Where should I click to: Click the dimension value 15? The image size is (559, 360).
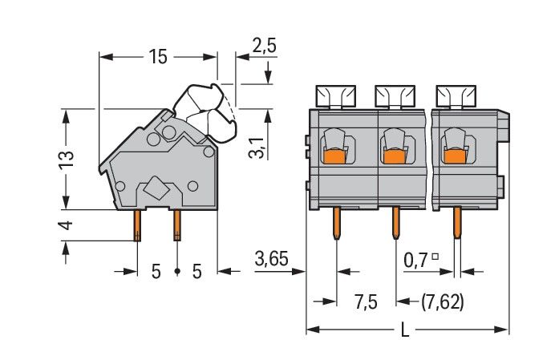pos(157,57)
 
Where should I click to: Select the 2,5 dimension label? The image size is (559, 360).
pos(264,46)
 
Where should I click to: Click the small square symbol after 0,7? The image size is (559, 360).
pos(435,257)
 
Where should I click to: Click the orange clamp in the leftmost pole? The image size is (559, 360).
pos(335,155)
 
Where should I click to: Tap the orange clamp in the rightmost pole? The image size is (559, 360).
pos(455,155)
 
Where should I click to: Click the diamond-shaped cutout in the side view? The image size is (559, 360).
pos(156,192)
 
